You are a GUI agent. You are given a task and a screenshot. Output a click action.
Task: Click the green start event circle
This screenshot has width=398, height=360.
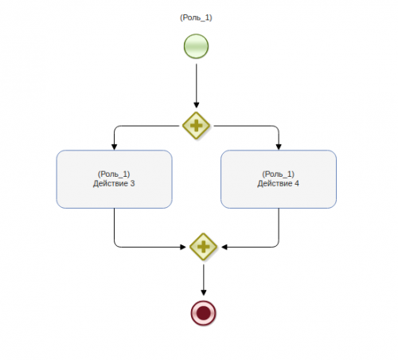tap(196, 46)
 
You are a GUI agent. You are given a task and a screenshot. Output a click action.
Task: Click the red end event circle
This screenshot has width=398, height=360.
tap(204, 313)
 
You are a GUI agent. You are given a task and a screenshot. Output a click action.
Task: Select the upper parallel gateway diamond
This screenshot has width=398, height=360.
tap(197, 126)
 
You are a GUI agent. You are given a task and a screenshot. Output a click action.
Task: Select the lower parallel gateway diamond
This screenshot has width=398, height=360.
tap(204, 247)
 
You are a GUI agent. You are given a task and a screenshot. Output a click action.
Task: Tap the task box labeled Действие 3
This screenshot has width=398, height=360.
tap(114, 179)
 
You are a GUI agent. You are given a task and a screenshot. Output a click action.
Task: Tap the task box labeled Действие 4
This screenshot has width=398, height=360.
tap(279, 179)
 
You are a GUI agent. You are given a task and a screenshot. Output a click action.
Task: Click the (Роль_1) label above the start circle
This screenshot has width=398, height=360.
tap(196, 18)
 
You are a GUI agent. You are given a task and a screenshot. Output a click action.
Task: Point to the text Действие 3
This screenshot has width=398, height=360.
tap(114, 183)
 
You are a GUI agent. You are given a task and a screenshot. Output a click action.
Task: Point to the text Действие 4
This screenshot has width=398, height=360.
tap(278, 183)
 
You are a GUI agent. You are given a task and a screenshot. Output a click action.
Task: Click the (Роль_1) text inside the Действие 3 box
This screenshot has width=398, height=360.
tap(114, 174)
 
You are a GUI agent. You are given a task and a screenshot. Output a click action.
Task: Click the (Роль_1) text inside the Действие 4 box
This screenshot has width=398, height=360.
tap(279, 174)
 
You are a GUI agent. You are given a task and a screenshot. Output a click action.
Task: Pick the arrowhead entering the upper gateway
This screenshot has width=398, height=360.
tap(197, 105)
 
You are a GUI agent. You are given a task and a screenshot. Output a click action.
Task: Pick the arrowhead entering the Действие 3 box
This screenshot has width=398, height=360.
tap(115, 147)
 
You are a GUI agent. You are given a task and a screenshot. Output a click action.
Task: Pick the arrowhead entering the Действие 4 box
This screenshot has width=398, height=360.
tap(279, 147)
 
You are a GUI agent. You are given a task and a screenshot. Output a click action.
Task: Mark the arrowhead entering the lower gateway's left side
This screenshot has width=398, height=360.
tap(183, 247)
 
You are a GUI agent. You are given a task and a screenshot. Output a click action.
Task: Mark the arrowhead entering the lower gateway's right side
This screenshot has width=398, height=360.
tap(224, 247)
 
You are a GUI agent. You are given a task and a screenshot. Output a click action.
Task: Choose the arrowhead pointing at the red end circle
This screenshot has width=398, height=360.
tap(204, 292)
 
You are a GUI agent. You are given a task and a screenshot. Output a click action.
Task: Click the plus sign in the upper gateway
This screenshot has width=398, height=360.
tap(197, 126)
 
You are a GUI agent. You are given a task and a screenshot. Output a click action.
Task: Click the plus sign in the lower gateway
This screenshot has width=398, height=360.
tap(204, 247)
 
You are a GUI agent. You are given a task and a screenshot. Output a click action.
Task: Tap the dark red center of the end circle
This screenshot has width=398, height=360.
tap(204, 313)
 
